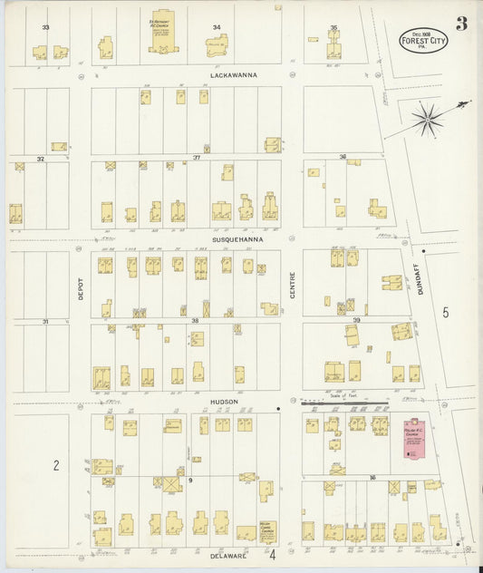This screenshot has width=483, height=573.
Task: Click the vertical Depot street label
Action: (80, 288)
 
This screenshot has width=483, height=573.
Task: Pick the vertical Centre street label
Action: (292, 288)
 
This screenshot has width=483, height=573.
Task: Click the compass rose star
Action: (427, 117)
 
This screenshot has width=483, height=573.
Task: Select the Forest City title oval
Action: (423, 39)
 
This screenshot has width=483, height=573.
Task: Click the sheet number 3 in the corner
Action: (461, 24)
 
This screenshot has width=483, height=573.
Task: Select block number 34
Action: (216, 27)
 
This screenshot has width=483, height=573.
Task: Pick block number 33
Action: (45, 27)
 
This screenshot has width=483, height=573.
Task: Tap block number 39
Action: (356, 320)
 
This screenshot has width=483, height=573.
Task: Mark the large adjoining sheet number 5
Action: (445, 313)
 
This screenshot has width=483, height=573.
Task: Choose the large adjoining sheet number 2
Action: (55, 465)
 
